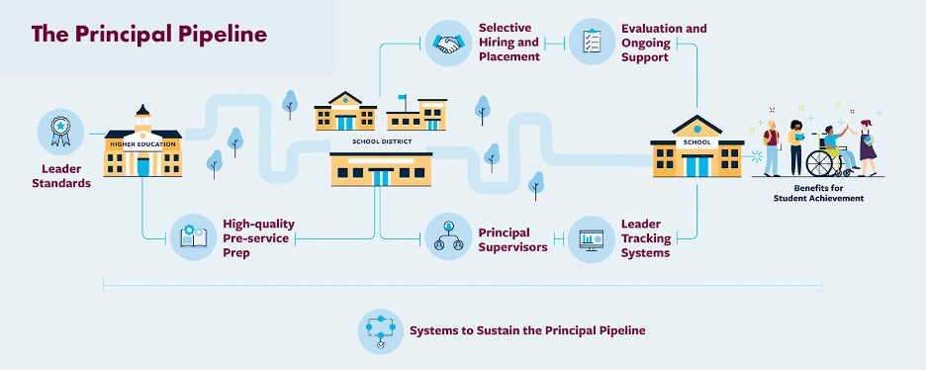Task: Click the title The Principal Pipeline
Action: pyautogui.click(x=149, y=35)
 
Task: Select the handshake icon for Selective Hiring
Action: pyautogui.click(x=448, y=44)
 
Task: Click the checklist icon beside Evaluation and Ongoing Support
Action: pyautogui.click(x=592, y=42)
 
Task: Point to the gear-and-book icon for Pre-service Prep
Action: pyautogui.click(x=193, y=237)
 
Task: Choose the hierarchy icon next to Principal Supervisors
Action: pyautogui.click(x=448, y=238)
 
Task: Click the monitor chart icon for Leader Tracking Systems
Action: pyautogui.click(x=592, y=238)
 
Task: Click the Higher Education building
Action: pyautogui.click(x=143, y=148)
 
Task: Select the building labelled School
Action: pyautogui.click(x=697, y=148)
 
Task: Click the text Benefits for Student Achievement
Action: pyautogui.click(x=818, y=193)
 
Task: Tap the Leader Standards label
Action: pyautogui.click(x=61, y=176)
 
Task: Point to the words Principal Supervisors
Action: pyautogui.click(x=512, y=239)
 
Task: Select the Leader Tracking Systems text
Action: pyautogui.click(x=648, y=238)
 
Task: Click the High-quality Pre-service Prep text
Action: pyautogui.click(x=258, y=238)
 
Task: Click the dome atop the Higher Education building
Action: pyautogui.click(x=143, y=110)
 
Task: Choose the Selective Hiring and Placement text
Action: pyautogui.click(x=509, y=43)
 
